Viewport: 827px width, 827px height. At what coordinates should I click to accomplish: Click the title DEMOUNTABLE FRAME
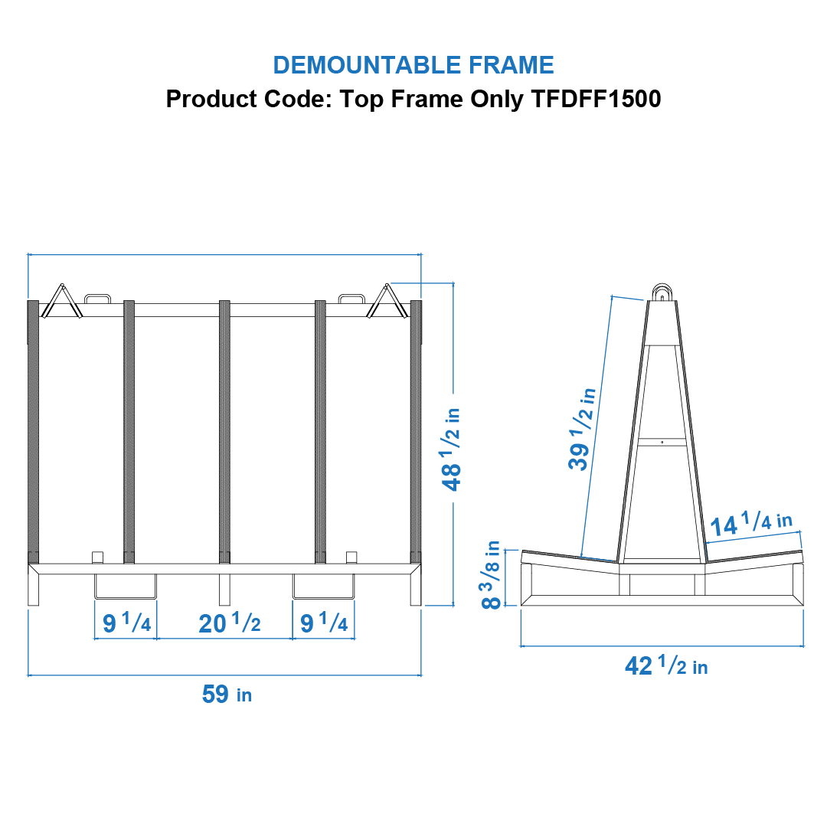pos(413,65)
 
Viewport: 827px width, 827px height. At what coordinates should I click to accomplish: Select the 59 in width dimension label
pos(227,695)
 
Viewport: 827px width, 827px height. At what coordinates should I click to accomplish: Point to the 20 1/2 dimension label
pos(229,624)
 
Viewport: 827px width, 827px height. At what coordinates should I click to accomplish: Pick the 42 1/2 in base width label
pos(666,666)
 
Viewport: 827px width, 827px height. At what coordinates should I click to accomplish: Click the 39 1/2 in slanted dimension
pos(582,429)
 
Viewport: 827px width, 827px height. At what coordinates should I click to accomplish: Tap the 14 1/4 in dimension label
pos(750,525)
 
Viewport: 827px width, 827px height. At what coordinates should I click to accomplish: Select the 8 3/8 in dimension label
pos(493,574)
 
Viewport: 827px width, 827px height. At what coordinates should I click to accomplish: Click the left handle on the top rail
pos(97,298)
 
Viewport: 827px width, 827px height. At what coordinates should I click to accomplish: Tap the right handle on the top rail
pos(351,298)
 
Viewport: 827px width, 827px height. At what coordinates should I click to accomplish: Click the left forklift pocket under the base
pos(125,587)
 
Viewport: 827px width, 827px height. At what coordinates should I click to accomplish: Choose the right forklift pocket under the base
pos(323,587)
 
